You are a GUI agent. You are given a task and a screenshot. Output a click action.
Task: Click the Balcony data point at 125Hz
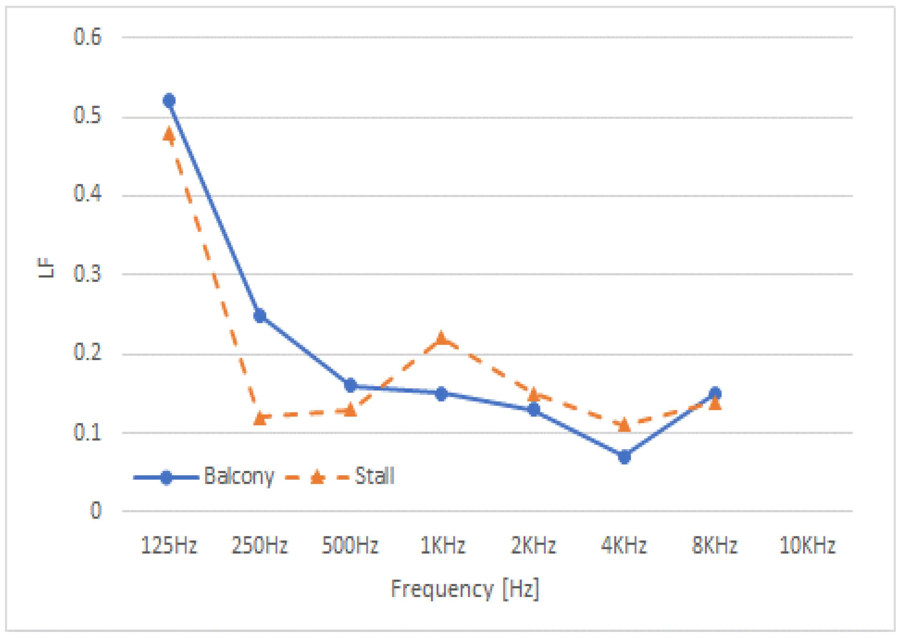point(169,100)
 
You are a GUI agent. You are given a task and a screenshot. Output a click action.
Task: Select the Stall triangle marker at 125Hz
point(169,135)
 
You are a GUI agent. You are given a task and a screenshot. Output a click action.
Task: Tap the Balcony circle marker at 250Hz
point(260,316)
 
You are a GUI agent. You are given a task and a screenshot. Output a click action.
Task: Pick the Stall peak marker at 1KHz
point(441,338)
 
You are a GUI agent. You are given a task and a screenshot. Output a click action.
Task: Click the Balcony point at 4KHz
point(624,457)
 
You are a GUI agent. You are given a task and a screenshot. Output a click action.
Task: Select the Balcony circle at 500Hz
point(350,385)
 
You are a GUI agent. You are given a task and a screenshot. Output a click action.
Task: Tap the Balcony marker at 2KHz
point(534,409)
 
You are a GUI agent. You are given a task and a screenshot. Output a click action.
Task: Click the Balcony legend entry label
point(239,476)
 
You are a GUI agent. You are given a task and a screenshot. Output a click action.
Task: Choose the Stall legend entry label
point(374,476)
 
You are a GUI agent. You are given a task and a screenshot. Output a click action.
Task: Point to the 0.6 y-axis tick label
point(87,37)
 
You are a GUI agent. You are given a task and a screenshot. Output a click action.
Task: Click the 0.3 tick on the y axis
point(87,274)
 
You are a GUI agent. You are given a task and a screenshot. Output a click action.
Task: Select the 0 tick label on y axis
point(96,511)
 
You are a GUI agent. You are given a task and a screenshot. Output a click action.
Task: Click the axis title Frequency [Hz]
point(465,589)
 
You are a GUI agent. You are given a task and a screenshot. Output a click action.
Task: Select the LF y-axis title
point(45,268)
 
